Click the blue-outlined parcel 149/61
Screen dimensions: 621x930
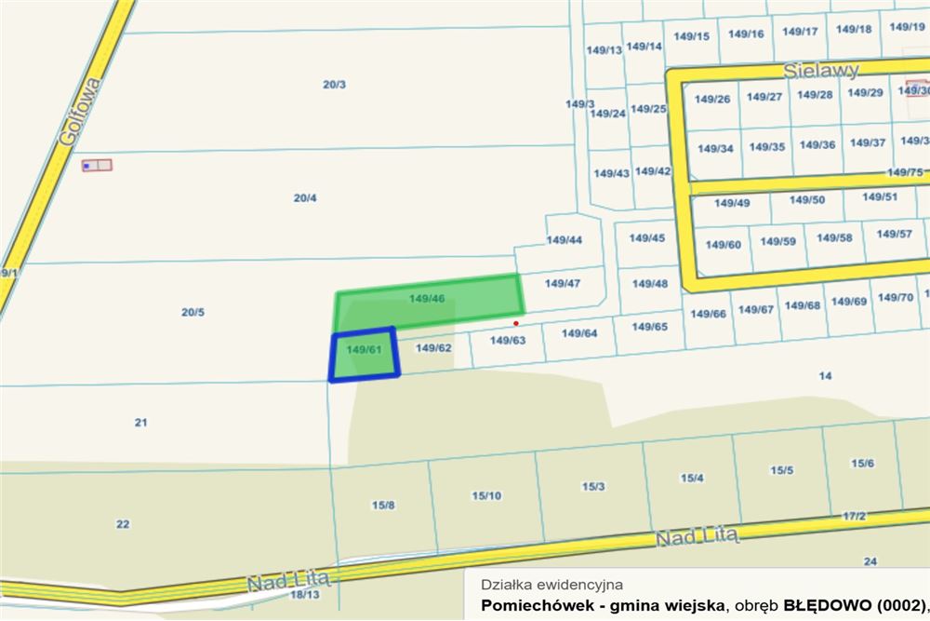click(364, 354)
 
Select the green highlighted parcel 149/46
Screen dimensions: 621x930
click(428, 299)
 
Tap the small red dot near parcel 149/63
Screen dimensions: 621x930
click(516, 323)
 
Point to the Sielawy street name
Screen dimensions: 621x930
click(821, 70)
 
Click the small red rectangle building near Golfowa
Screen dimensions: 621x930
click(97, 166)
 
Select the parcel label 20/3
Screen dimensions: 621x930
click(335, 85)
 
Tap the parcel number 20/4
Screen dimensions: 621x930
click(305, 198)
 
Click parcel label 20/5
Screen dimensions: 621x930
click(193, 312)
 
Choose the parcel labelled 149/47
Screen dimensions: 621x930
click(563, 283)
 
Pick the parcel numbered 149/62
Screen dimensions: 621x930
click(433, 348)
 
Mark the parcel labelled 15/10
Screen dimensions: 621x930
click(486, 495)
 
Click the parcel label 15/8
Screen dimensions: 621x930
click(383, 505)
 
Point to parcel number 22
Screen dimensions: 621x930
click(123, 524)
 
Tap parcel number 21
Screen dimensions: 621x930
click(141, 423)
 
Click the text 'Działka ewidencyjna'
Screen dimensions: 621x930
click(551, 585)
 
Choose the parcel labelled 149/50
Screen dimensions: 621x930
click(806, 199)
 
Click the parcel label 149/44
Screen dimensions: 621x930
click(564, 240)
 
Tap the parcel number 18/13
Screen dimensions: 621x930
click(304, 594)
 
